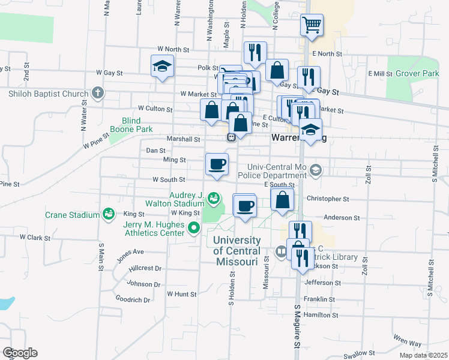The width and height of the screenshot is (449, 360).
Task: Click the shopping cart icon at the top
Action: [312, 25]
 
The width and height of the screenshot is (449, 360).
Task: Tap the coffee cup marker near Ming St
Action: [217, 163]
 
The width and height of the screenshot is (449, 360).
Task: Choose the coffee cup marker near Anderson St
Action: [244, 206]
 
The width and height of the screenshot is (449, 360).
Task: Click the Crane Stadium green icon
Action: [109, 214]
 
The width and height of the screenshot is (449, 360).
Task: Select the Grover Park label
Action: [417, 73]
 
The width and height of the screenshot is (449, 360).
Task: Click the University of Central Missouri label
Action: [237, 251]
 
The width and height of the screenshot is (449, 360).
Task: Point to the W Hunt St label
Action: [182, 294]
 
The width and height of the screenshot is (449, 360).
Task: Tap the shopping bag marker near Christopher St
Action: [282, 200]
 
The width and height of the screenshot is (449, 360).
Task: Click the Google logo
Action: [20, 353]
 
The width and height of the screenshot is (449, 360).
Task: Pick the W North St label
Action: [173, 49]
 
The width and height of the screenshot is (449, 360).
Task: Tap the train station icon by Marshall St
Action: [231, 138]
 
